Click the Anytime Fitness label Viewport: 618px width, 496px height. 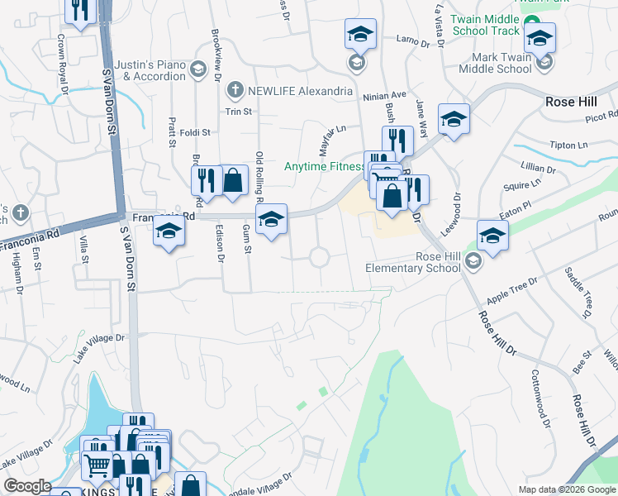[324, 166]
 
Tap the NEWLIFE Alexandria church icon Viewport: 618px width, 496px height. [235, 91]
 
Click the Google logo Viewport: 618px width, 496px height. [28, 486]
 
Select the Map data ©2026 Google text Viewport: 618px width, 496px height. [566, 489]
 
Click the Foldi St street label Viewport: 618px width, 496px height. [196, 131]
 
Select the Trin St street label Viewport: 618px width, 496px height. [238, 112]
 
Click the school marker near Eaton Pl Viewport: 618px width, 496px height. [492, 236]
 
